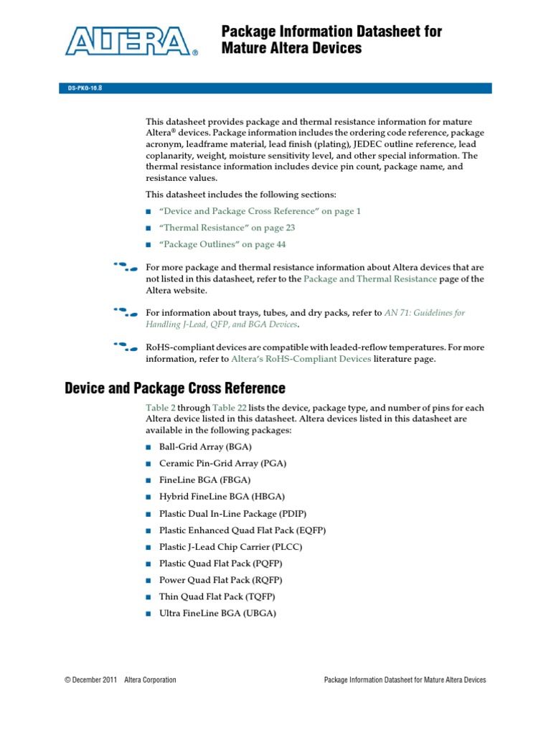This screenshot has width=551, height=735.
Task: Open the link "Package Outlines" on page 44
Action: [x=217, y=244]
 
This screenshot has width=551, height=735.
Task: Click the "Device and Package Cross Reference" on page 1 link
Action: [x=260, y=211]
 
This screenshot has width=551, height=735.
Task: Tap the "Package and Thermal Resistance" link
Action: [x=370, y=278]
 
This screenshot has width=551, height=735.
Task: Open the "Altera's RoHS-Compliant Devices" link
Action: [x=301, y=359]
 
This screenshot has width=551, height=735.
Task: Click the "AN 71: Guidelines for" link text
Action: [x=425, y=313]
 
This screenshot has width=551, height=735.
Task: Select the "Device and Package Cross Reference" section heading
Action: [x=174, y=388]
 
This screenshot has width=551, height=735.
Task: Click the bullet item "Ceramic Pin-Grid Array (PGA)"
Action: [x=222, y=463]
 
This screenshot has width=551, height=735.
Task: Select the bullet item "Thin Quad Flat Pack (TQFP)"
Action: [x=217, y=597]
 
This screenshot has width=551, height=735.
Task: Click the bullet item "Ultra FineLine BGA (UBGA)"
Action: [x=217, y=614]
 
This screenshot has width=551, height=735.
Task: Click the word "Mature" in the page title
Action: [x=246, y=49]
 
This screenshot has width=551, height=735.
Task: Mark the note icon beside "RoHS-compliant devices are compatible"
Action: [x=126, y=347]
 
